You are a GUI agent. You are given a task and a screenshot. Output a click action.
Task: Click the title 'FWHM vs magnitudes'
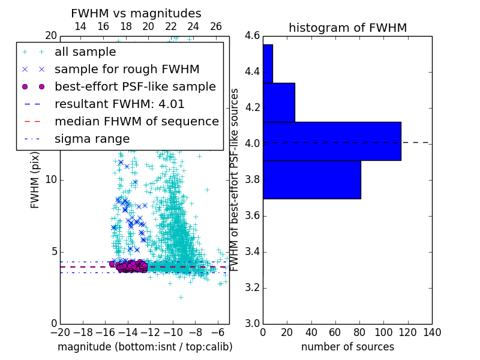(x=136, y=13)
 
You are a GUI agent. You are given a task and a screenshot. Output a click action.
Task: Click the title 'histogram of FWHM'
(x=347, y=28)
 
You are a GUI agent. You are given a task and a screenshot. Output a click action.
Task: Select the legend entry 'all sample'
(x=85, y=52)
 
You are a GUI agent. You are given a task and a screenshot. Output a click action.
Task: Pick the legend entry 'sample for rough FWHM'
(x=127, y=69)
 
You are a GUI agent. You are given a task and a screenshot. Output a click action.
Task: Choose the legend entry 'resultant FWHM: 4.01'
(x=119, y=104)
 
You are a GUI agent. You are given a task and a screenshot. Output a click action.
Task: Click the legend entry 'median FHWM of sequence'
(x=137, y=121)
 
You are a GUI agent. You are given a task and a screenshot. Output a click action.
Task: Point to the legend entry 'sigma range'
(x=92, y=139)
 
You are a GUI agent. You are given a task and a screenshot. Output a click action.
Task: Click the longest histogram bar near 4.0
(x=332, y=141)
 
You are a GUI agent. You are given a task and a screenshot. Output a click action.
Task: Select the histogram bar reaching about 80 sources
(x=311, y=179)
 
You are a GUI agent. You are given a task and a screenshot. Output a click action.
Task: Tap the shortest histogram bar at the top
(x=268, y=64)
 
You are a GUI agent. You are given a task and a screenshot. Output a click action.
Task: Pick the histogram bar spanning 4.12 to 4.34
(x=278, y=102)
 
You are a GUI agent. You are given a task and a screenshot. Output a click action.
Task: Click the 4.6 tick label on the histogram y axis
(x=252, y=36)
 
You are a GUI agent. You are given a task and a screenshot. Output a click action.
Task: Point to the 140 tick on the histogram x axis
(x=431, y=332)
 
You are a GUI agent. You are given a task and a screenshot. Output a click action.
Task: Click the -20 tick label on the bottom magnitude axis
(x=60, y=332)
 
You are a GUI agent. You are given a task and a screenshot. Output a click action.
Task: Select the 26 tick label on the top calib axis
(x=216, y=26)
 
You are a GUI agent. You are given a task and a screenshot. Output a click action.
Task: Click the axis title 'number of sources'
(x=347, y=347)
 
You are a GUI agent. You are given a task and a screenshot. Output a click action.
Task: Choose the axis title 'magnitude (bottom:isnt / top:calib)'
(x=145, y=347)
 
